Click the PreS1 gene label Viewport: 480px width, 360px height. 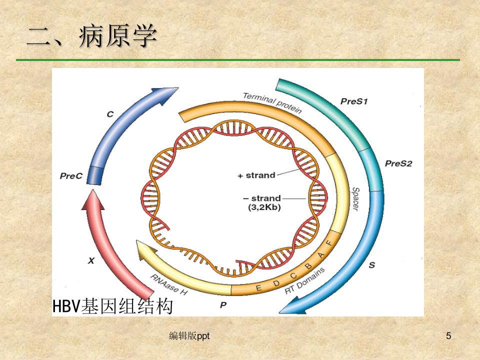click(354, 101)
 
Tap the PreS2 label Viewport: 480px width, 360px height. click(398, 163)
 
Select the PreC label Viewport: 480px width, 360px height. click(71, 176)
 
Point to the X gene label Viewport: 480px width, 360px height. click(91, 261)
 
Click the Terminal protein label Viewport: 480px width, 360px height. click(272, 102)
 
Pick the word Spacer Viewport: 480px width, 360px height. click(355, 199)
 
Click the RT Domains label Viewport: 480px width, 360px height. click(304, 280)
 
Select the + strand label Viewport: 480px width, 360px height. click(256, 175)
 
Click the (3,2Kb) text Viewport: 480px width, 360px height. click(264, 207)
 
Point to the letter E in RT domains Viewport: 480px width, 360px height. click(258, 288)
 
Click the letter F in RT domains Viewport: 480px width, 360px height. click(329, 243)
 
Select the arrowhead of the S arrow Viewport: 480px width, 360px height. click(293, 306)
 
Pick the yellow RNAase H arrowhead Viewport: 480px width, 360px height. click(145, 249)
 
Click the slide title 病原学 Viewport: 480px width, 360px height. click(118, 36)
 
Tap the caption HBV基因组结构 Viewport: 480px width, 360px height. click(112, 306)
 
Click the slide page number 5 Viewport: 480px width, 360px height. click(448, 336)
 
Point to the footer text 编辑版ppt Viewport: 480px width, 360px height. click(189, 336)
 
